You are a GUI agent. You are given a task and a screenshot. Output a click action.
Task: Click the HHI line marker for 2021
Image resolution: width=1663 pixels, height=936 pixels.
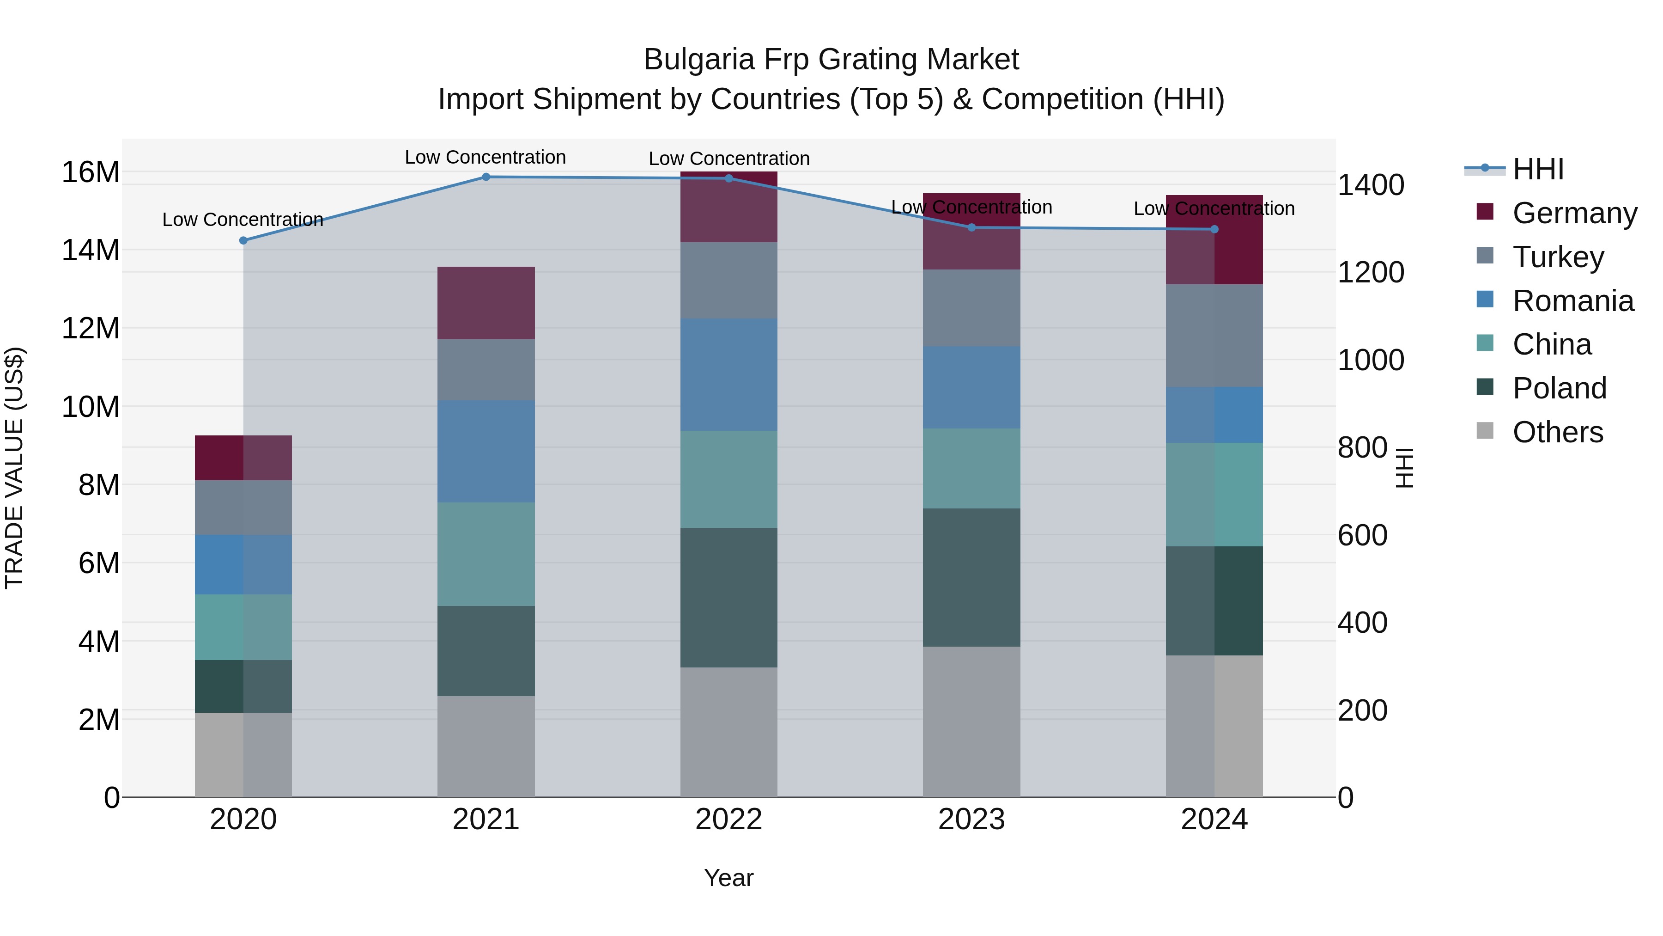(486, 177)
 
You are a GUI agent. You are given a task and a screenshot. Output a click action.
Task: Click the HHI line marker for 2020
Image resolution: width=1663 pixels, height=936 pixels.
(243, 240)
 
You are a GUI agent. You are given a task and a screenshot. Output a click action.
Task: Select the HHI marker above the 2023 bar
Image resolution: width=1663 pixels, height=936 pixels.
(971, 227)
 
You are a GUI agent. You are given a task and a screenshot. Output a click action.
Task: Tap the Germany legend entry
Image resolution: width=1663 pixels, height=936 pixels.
(1574, 213)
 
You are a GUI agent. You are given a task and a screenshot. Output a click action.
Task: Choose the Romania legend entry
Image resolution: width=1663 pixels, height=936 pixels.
(1572, 301)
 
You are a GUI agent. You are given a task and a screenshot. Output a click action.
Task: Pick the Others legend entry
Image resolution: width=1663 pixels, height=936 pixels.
(1557, 432)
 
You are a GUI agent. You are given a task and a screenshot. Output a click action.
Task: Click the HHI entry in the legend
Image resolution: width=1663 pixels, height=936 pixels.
(1538, 169)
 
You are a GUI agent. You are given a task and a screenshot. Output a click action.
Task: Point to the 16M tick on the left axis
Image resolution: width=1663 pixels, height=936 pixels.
(91, 172)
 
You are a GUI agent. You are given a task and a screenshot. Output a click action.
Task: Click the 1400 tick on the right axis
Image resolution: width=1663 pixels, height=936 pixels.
(1371, 185)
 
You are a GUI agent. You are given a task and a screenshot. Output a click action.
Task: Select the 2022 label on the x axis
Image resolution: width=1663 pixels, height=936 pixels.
(729, 820)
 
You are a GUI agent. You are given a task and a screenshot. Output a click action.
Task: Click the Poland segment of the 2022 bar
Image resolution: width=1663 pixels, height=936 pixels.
(729, 598)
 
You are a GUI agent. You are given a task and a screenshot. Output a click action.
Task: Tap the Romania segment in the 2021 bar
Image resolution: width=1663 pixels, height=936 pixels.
(486, 452)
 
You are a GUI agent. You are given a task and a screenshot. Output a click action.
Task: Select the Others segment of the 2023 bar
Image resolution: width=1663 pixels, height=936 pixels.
(971, 722)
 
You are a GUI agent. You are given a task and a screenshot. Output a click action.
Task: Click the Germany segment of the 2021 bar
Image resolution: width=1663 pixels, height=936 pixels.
(486, 303)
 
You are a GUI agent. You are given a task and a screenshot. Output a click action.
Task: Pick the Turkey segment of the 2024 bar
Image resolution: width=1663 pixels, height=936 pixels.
(1214, 336)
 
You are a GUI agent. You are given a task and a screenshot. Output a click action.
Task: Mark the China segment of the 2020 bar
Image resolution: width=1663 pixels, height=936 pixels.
(243, 627)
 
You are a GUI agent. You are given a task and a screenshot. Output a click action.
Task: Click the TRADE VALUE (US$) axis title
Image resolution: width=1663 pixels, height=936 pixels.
(14, 468)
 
